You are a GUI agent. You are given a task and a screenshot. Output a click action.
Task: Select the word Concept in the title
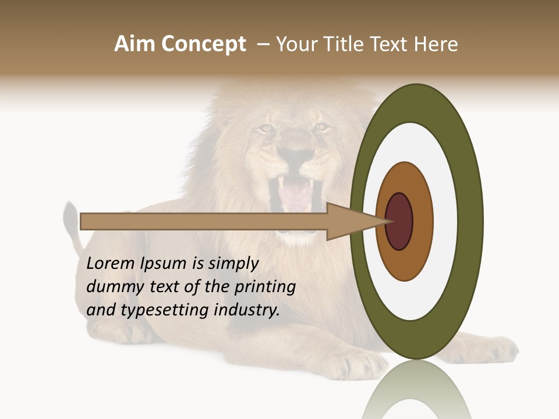click(x=203, y=44)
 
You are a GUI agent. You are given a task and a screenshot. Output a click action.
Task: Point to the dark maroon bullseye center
click(x=400, y=222)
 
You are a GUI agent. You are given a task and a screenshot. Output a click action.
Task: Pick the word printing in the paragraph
click(x=265, y=287)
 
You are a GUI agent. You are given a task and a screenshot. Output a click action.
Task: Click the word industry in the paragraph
click(x=247, y=310)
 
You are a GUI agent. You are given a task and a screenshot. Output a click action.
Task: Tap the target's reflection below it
click(x=416, y=390)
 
